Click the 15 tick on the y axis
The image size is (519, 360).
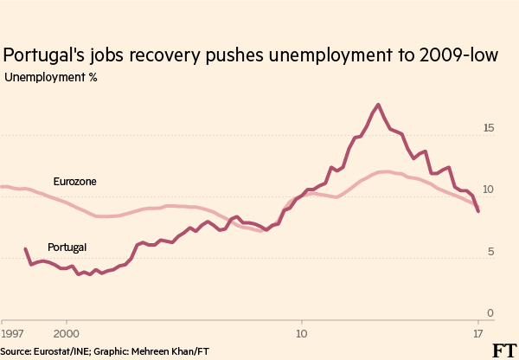[x=489, y=128]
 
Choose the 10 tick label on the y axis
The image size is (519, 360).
[x=489, y=190]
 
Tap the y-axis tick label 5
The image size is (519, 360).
[x=491, y=252]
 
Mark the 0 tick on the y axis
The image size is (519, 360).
[x=490, y=313]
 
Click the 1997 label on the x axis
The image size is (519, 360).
[x=12, y=332]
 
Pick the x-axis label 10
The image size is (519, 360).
[x=301, y=332]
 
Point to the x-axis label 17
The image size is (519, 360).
[x=477, y=332]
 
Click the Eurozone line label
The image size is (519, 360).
[x=74, y=183]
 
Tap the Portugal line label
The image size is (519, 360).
[x=67, y=247]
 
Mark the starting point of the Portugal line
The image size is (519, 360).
[x=24, y=249]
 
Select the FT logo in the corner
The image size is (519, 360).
[x=503, y=350]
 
